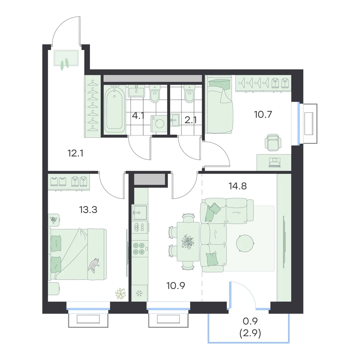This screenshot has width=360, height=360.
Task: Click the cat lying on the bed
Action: tap(94, 265)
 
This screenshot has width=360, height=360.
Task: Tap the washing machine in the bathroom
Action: tap(159, 123)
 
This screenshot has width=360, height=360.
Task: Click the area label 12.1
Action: tap(75, 153)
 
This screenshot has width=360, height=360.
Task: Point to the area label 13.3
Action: tap(88, 210)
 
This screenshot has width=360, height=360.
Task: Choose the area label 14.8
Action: tap(238, 186)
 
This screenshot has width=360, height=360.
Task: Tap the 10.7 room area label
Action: tap(263, 114)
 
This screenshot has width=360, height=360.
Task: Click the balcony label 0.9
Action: tap(250, 321)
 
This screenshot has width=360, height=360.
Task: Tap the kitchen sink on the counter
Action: tap(140, 212)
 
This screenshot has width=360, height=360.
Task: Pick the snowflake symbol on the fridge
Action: tap(139, 293)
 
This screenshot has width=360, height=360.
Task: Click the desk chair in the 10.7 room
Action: tap(273, 143)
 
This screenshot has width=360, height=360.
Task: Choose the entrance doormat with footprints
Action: tap(66, 58)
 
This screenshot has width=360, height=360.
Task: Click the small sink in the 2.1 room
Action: tap(175, 120)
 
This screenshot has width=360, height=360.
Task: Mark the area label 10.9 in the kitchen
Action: tap(176, 285)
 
